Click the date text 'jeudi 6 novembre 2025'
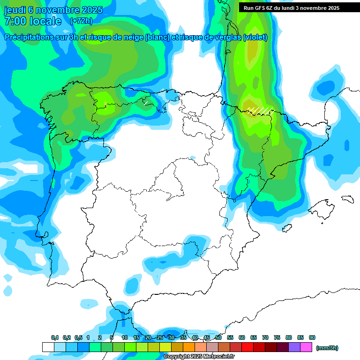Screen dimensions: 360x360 pos(53,10)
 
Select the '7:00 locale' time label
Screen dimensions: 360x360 pos(33,21)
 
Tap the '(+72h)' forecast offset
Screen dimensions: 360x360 pos(81,21)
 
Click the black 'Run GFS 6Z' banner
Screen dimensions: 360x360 pos(295,8)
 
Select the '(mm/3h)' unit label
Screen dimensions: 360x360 pos(327,348)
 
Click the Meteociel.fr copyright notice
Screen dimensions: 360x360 pos(199,357)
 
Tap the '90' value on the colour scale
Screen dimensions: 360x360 pos(312,337)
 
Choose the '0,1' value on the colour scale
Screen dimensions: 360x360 pos(55,337)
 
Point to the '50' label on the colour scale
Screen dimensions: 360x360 pos(218,337)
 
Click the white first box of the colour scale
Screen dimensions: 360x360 pos(48,347)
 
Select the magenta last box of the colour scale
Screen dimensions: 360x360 pos(306,347)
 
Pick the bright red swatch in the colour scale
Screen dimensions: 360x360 pos(247,347)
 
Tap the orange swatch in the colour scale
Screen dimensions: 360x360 pos(189,347)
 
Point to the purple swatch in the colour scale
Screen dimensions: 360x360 pos(294,347)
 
